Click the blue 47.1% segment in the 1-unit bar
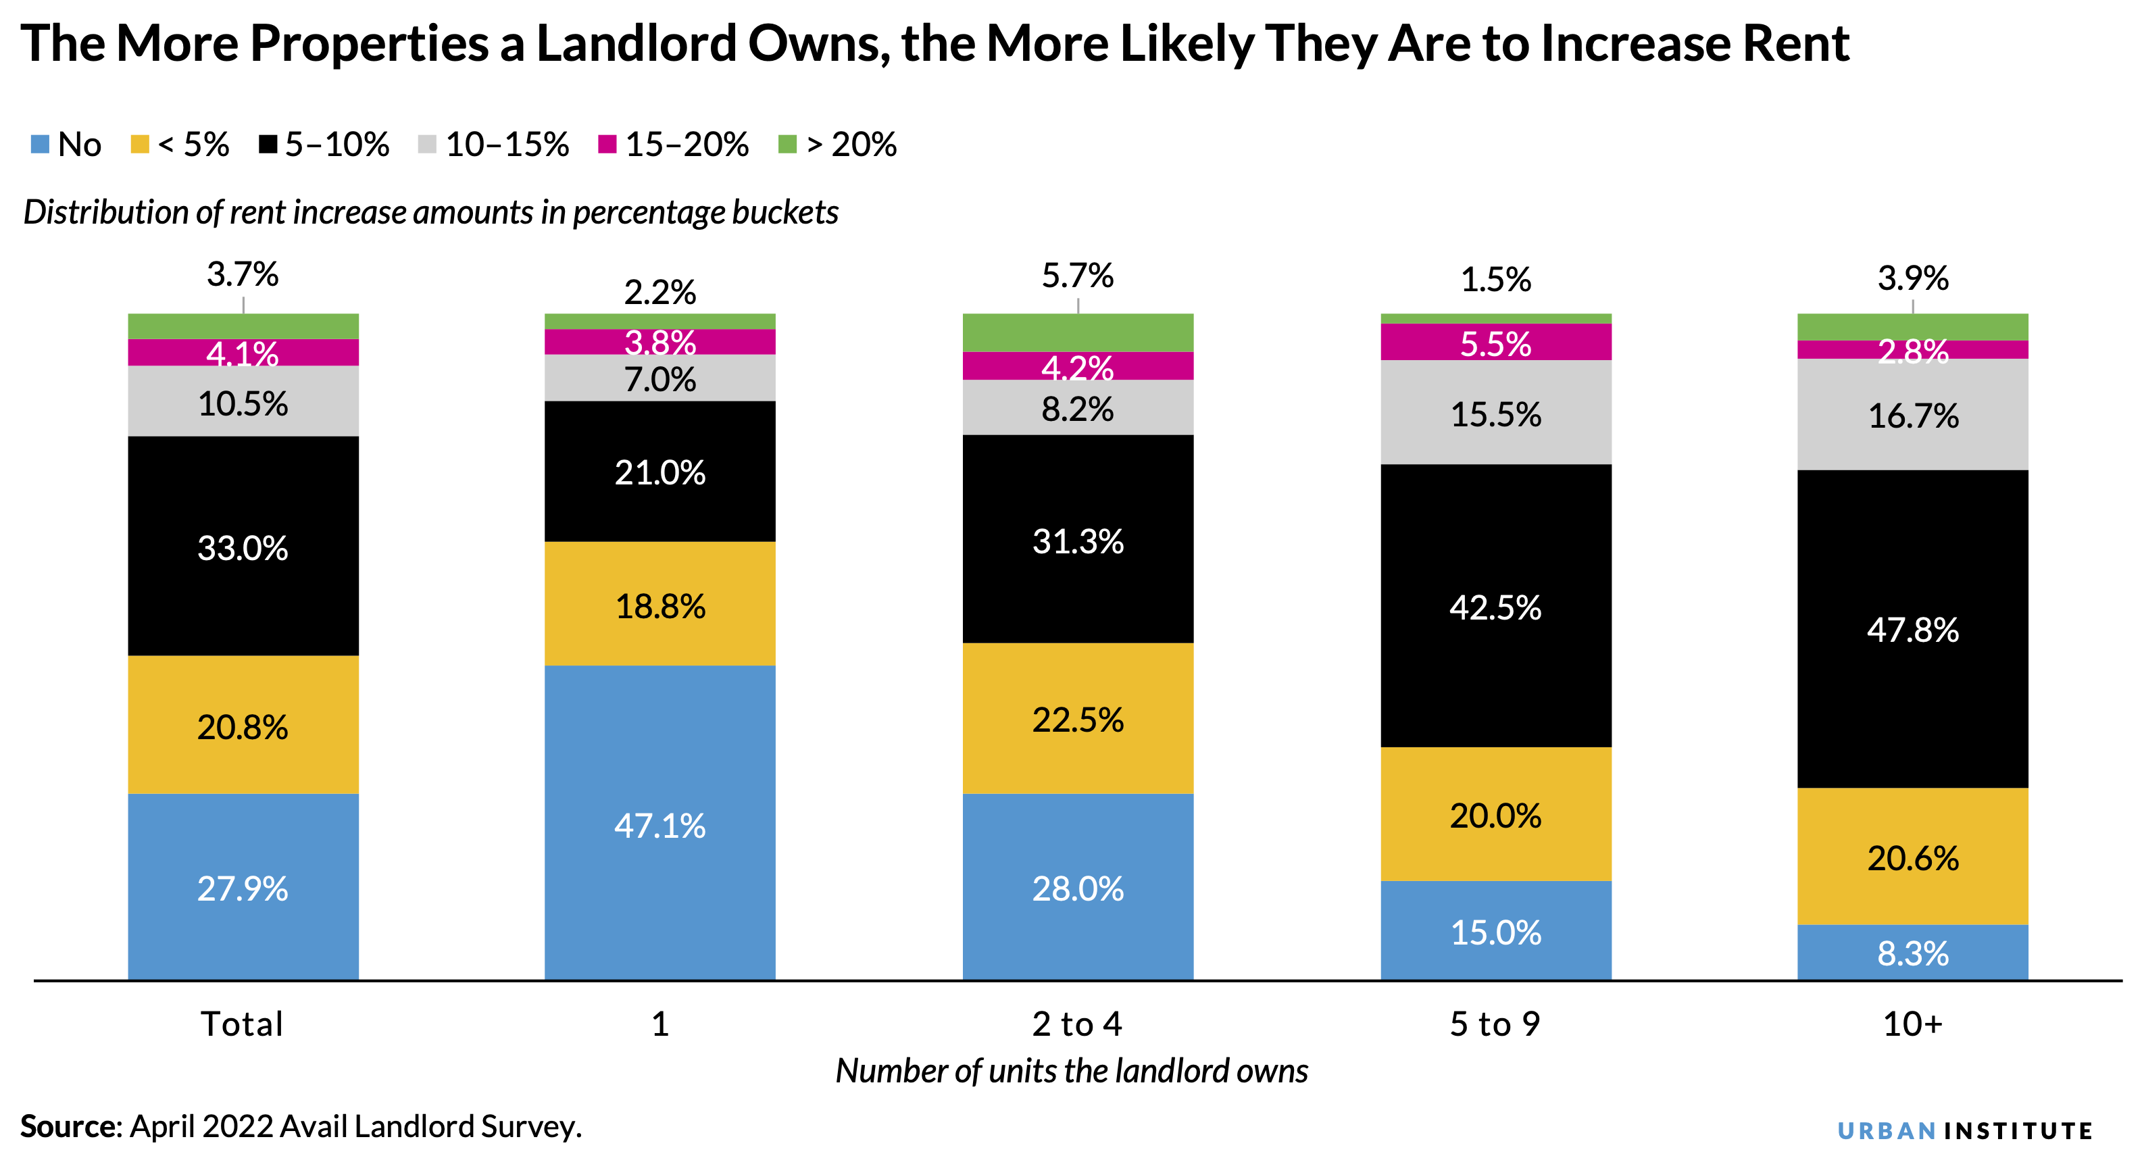(x=659, y=822)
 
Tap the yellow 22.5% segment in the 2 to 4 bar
(x=1078, y=718)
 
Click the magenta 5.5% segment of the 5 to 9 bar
(x=1495, y=342)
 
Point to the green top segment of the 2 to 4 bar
(x=1078, y=332)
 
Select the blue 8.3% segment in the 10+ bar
(x=1912, y=952)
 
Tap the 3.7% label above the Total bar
(x=243, y=274)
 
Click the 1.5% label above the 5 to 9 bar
(x=1495, y=278)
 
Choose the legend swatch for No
(x=40, y=144)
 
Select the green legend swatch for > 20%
(x=787, y=144)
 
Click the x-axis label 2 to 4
(x=1078, y=1024)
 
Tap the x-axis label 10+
(x=1912, y=1024)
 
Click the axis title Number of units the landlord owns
(x=1071, y=1070)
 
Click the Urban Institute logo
(x=1964, y=1130)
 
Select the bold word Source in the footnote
(x=71, y=1126)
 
